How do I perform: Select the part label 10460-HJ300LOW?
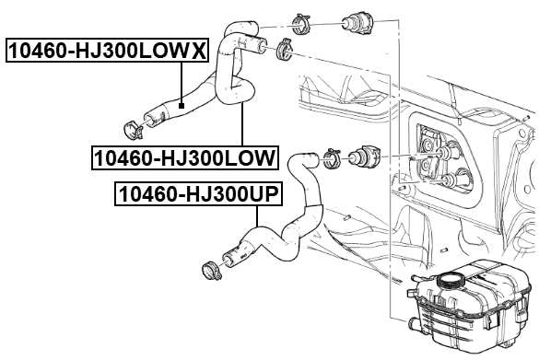(184, 158)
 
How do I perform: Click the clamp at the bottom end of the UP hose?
(209, 271)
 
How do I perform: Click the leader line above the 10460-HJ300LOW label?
(241, 124)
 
